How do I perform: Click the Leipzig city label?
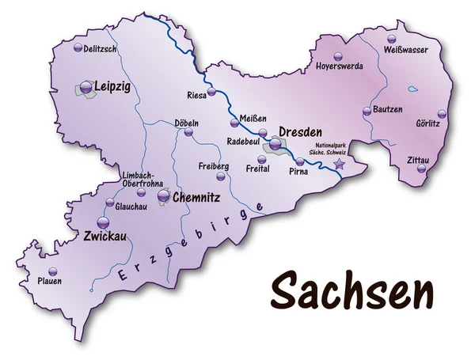coord(112,85)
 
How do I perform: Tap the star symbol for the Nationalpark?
coord(340,165)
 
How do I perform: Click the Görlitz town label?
coord(427,124)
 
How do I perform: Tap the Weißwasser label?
coord(406,50)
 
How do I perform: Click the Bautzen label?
coord(387,108)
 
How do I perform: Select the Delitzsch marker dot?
coord(78,48)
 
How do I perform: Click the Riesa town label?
coord(196,95)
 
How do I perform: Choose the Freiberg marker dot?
coord(219,178)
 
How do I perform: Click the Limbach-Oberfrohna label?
coord(142,180)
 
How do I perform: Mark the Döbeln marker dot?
coord(188,135)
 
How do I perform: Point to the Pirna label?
coord(298,170)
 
